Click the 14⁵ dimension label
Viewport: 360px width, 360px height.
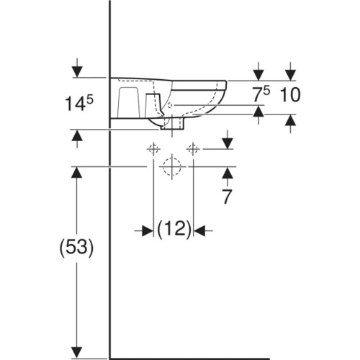79,103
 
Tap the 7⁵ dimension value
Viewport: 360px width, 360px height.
261,94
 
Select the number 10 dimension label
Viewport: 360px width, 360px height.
290,94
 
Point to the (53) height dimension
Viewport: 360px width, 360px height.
76,248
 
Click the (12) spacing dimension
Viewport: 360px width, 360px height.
174,229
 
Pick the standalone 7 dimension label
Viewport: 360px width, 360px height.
227,197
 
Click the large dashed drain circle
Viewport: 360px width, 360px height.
172,166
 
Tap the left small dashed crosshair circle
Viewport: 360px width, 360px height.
153,149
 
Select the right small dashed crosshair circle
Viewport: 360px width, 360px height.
193,149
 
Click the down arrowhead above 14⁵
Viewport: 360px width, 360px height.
77,71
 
